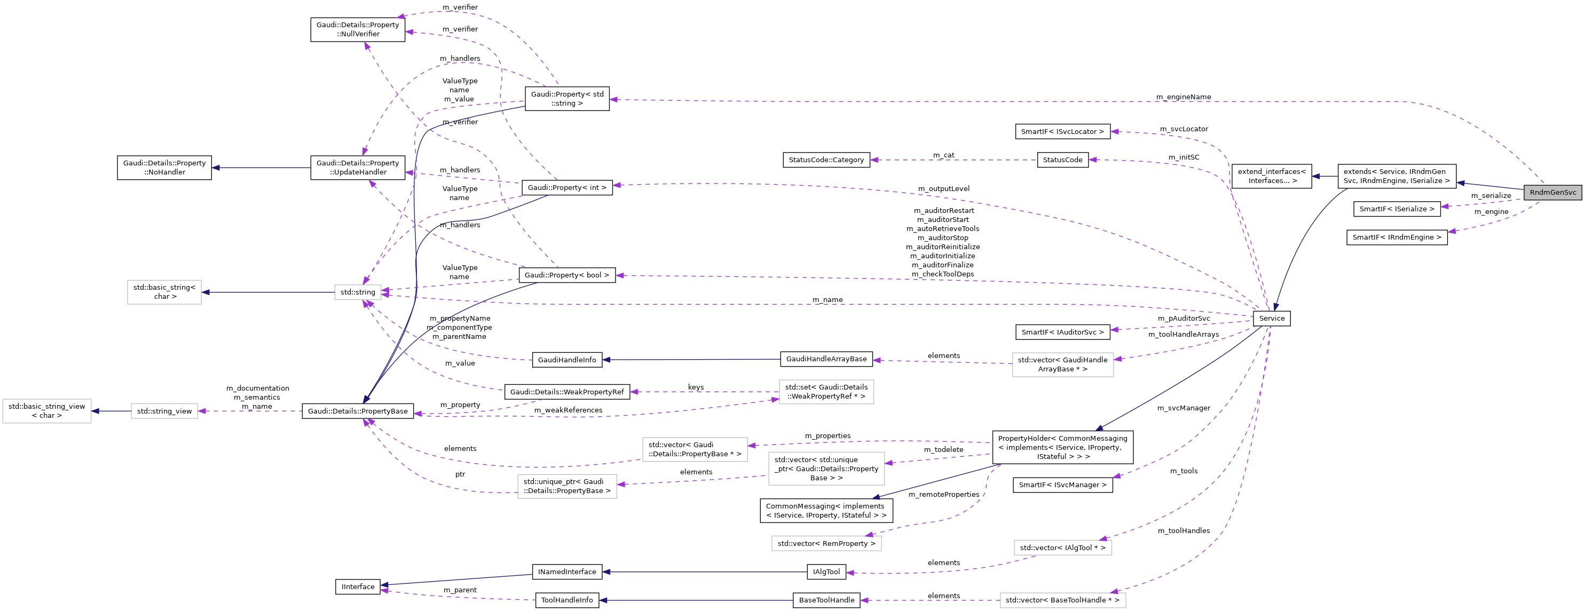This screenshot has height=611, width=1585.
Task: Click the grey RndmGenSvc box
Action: point(1552,193)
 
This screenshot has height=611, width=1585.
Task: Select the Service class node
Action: point(1271,318)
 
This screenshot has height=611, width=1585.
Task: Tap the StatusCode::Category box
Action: point(826,160)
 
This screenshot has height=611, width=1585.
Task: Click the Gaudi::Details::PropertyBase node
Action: point(358,411)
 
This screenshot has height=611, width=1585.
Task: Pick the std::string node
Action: point(358,292)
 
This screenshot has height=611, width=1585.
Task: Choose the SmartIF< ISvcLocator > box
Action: point(1062,132)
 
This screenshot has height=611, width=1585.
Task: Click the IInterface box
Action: point(358,586)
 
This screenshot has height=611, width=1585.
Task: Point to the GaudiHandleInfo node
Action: point(567,360)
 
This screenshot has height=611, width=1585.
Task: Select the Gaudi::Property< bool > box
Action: point(567,275)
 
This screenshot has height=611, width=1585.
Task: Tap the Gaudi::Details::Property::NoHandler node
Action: point(164,168)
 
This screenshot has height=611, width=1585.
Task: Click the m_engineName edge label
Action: point(1182,97)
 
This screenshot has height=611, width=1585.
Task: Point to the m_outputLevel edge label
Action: point(943,189)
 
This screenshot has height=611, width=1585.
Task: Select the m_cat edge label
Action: point(943,155)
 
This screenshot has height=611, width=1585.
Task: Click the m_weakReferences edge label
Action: point(568,410)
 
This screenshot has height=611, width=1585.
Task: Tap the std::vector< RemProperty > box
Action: point(826,543)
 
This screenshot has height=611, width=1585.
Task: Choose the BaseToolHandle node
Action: point(826,600)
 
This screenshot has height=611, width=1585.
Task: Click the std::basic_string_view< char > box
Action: point(47,411)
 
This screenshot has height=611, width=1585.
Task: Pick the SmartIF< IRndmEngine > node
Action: point(1396,237)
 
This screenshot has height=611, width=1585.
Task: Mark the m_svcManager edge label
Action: point(1183,408)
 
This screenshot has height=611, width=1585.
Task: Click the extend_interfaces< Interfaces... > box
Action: point(1271,176)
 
